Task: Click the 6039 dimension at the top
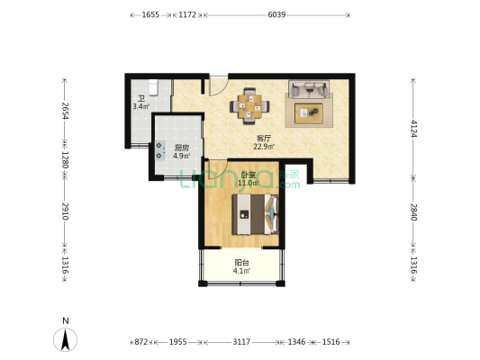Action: coord(276,14)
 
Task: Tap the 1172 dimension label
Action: coord(187,14)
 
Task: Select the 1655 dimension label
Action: coord(150,14)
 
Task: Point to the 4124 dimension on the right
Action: coord(413,129)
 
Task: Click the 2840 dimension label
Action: coord(413,212)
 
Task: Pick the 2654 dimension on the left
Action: coord(65,111)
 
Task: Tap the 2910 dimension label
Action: coord(65,211)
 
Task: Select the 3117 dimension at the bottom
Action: coord(242,342)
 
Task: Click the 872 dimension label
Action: coord(141,342)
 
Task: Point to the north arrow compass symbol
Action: coord(65,339)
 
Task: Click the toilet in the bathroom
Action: coord(153,87)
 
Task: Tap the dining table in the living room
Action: coord(250,106)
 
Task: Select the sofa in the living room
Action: coord(309,89)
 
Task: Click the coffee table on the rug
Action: coord(309,113)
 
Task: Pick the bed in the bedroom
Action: coord(255,214)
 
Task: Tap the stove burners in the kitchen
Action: coord(159,150)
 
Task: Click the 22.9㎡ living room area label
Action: coord(264,147)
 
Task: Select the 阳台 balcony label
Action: coord(242,263)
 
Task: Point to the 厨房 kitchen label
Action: coord(182,148)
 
